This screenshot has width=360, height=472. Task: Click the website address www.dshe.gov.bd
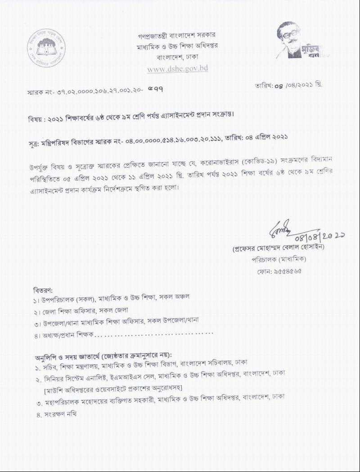[x=177, y=69]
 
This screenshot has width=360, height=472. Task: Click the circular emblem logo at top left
[x=46, y=48]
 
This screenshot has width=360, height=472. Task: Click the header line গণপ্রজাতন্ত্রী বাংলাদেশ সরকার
[x=177, y=35]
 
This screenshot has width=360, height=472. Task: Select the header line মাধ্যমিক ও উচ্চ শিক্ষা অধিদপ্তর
[x=177, y=46]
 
